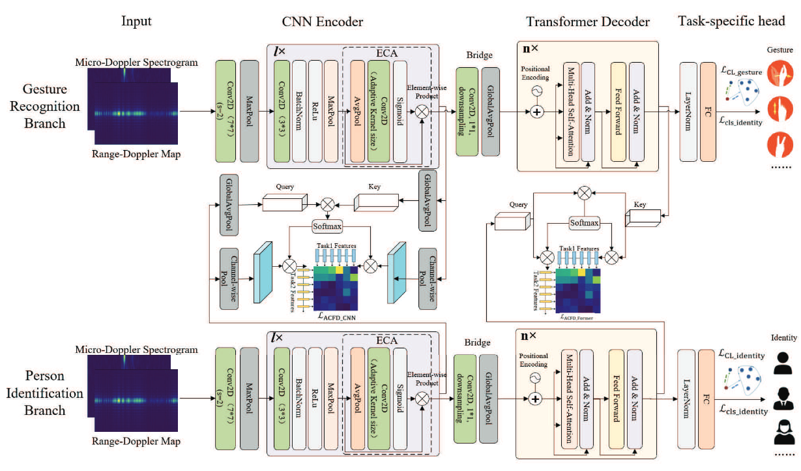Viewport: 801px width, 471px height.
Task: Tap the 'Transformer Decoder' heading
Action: (588, 22)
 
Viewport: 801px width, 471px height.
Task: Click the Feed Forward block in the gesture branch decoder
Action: (617, 111)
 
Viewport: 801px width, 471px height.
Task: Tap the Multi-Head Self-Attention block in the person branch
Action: (570, 397)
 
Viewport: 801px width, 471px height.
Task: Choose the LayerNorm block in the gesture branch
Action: (688, 112)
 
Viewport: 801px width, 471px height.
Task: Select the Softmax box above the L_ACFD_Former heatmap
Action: (584, 222)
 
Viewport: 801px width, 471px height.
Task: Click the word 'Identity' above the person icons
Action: (784, 339)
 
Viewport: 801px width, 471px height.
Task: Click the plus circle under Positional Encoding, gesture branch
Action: (536, 112)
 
